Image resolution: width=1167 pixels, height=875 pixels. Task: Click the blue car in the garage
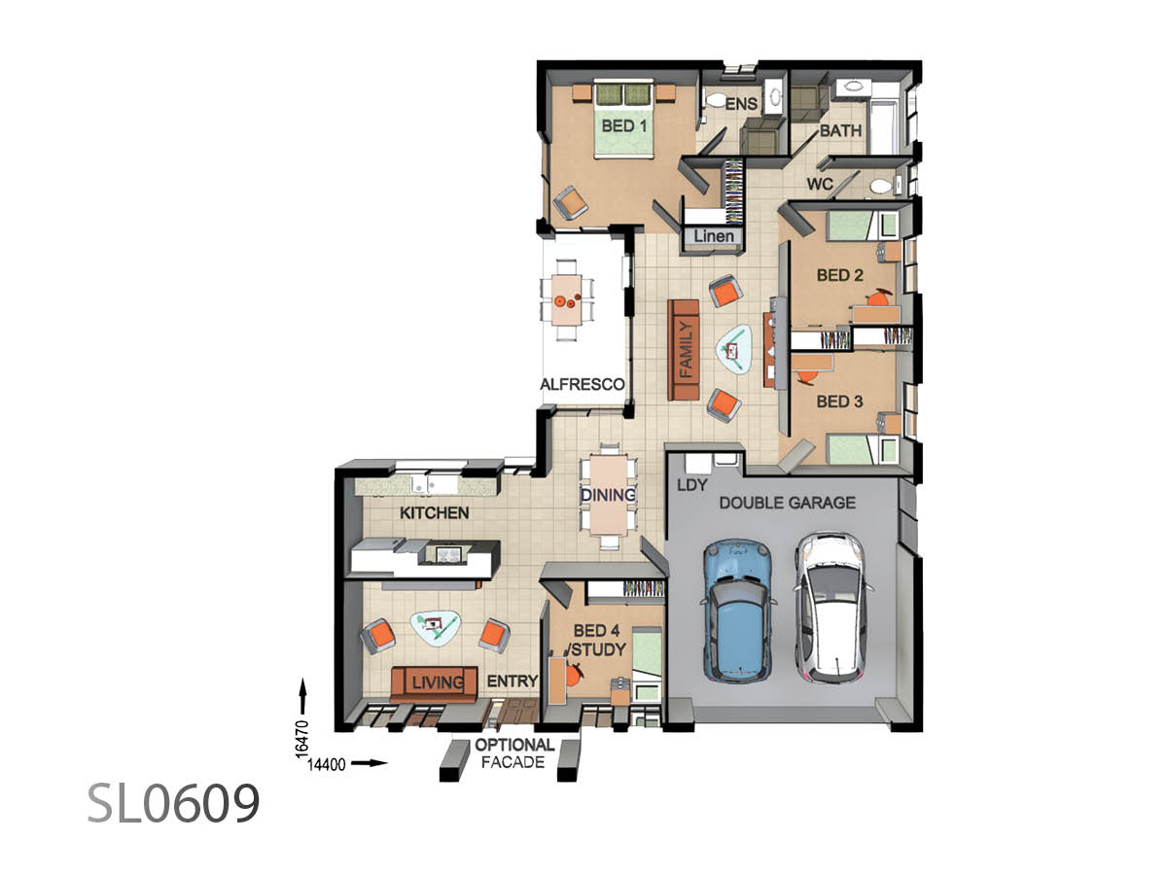pos(738,610)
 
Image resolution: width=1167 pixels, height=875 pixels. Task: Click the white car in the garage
pos(831,608)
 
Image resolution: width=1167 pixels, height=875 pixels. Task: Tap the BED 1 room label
pos(624,126)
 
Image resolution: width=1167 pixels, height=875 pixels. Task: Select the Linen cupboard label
pos(714,236)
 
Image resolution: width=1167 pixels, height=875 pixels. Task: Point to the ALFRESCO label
pos(583,384)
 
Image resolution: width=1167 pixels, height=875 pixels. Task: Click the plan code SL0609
pos(174,803)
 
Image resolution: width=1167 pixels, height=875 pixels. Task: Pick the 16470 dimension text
pos(301,739)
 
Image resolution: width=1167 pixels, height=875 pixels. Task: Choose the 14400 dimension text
pos(327,764)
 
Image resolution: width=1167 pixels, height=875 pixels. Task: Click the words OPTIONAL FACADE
pos(514,753)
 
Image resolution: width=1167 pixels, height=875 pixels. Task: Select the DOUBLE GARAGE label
pos(788,503)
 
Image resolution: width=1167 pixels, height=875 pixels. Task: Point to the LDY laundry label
pos(692,484)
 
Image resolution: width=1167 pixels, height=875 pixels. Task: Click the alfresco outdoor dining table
pos(567,299)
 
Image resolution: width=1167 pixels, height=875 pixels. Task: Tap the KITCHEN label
pos(435,512)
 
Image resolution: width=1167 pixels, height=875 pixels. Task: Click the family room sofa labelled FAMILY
pos(684,350)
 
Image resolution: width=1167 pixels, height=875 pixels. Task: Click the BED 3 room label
pos(839,402)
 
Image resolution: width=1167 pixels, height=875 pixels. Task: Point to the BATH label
pos(840,130)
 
